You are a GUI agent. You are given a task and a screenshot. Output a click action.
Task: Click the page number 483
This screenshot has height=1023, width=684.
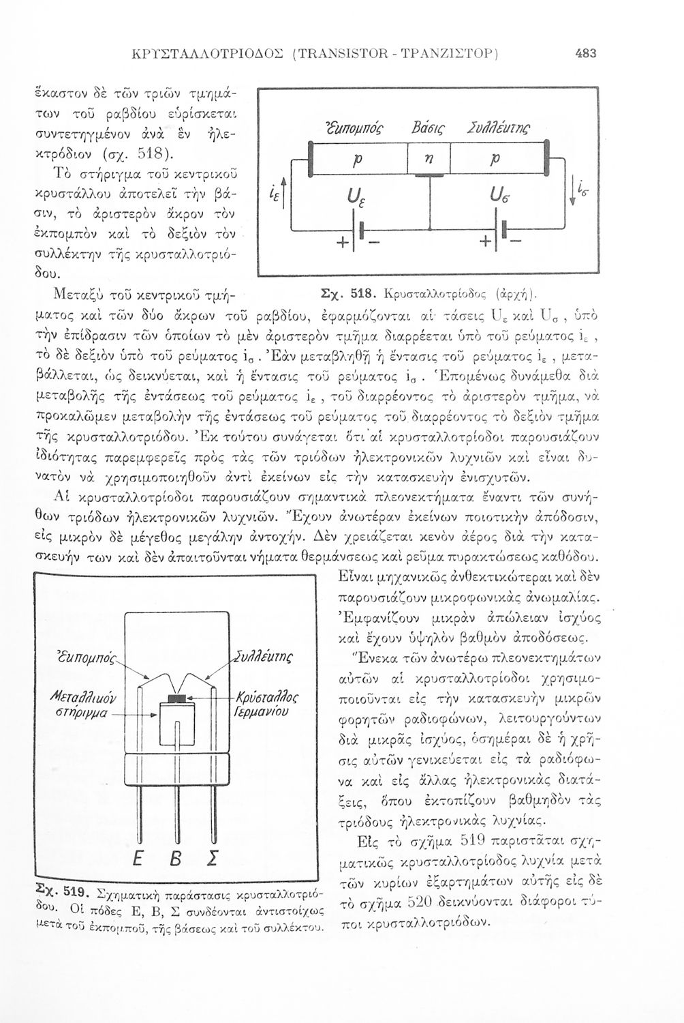tap(585, 52)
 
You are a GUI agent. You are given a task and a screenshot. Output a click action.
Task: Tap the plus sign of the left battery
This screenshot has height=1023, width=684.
tap(341, 242)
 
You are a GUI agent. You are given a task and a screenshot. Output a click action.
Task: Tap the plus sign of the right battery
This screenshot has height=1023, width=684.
tap(485, 242)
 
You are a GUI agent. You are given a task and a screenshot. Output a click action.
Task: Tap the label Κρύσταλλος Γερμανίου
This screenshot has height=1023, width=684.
tap(267, 705)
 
